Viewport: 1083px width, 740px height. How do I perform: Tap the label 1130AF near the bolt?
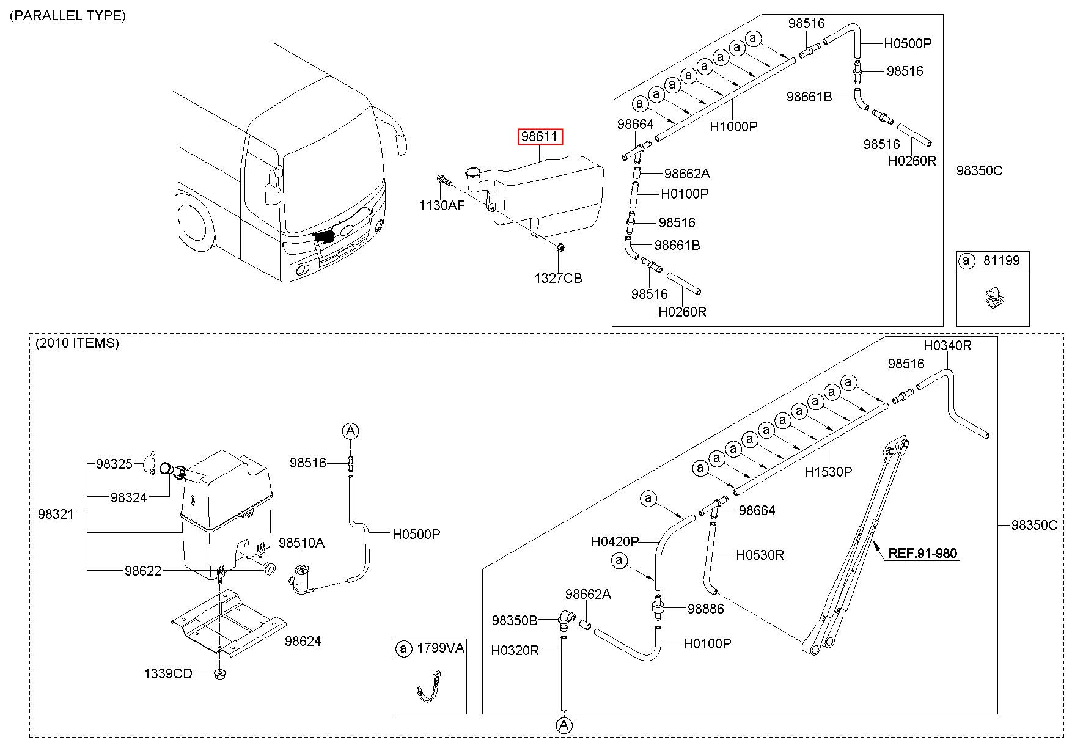pyautogui.click(x=441, y=205)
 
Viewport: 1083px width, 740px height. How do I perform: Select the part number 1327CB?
pyautogui.click(x=558, y=279)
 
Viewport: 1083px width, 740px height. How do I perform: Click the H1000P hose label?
pyautogui.click(x=733, y=127)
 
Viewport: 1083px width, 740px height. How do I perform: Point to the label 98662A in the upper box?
pyautogui.click(x=687, y=174)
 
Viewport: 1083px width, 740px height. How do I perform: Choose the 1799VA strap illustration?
pyautogui.click(x=428, y=687)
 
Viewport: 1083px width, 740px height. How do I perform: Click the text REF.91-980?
pyautogui.click(x=922, y=554)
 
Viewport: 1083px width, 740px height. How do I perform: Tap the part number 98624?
pyautogui.click(x=303, y=641)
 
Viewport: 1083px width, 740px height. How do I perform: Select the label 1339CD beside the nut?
pyautogui.click(x=168, y=673)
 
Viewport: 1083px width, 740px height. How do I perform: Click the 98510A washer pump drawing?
pyautogui.click(x=301, y=579)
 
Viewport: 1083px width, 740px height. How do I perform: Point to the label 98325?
pyautogui.click(x=114, y=464)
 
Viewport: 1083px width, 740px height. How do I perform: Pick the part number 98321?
pyautogui.click(x=56, y=515)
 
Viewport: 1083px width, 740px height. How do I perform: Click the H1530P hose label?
pyautogui.click(x=828, y=472)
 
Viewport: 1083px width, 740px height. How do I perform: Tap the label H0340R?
pyautogui.click(x=947, y=346)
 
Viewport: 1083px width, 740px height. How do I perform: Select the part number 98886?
pyautogui.click(x=706, y=609)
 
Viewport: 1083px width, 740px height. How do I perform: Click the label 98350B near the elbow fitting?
pyautogui.click(x=515, y=621)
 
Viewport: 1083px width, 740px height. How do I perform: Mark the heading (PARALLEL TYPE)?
pyautogui.click(x=68, y=15)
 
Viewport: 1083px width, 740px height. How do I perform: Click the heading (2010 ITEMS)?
pyautogui.click(x=77, y=343)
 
